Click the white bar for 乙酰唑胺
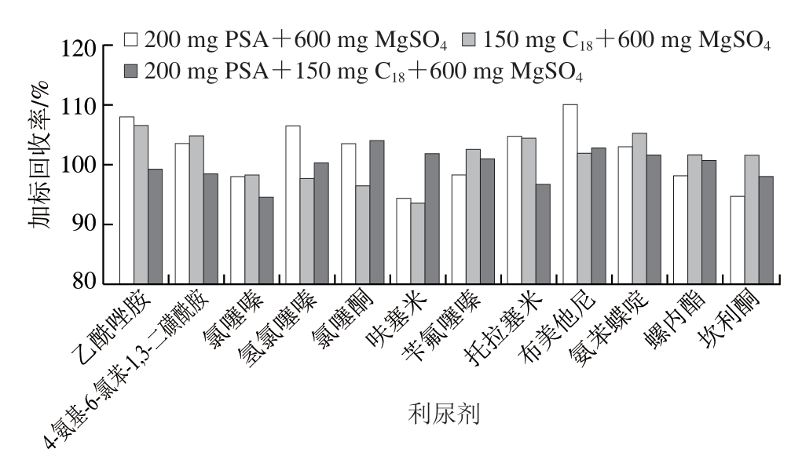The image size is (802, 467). [126, 199]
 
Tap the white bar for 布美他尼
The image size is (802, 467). [569, 193]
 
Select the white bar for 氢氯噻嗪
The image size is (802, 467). [292, 204]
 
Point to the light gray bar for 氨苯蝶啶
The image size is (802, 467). [639, 207]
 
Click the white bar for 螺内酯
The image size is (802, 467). [680, 228]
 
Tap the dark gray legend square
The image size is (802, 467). [131, 71]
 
